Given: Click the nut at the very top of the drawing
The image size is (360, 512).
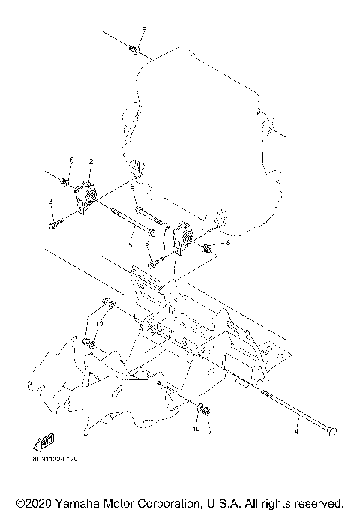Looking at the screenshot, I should pos(133,49).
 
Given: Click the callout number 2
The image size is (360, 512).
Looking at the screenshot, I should pos(91,162).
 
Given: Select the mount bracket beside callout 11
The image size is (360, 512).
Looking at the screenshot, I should pos(183,238).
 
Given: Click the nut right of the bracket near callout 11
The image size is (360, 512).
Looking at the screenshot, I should pos(206,244).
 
